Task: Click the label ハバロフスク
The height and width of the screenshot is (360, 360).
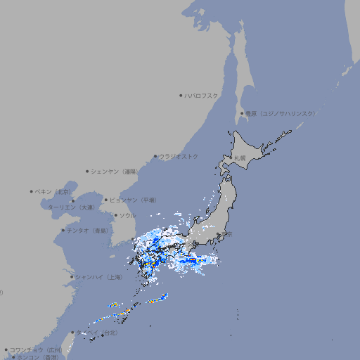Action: [202, 95]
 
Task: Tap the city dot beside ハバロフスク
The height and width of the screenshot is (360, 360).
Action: [181, 95]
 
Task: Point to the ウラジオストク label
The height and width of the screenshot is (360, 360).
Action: [179, 156]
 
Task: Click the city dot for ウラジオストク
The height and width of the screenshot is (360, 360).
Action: [155, 156]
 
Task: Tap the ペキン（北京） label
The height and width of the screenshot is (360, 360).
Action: [55, 191]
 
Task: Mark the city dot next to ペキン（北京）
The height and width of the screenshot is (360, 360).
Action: [32, 191]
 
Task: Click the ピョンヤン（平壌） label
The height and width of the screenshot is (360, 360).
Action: [133, 200]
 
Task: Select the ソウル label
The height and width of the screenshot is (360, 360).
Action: [127, 215]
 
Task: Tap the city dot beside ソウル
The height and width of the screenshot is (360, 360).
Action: [115, 215]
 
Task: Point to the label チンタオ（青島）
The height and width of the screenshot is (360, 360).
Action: [87, 230]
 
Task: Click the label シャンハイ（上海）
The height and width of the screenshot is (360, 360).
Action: [98, 277]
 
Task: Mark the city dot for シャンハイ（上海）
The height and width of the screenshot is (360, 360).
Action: [72, 277]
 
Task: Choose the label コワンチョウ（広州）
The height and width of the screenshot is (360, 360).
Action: [35, 349]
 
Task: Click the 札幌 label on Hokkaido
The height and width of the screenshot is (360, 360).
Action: [240, 158]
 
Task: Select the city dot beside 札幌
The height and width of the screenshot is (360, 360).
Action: [231, 158]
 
